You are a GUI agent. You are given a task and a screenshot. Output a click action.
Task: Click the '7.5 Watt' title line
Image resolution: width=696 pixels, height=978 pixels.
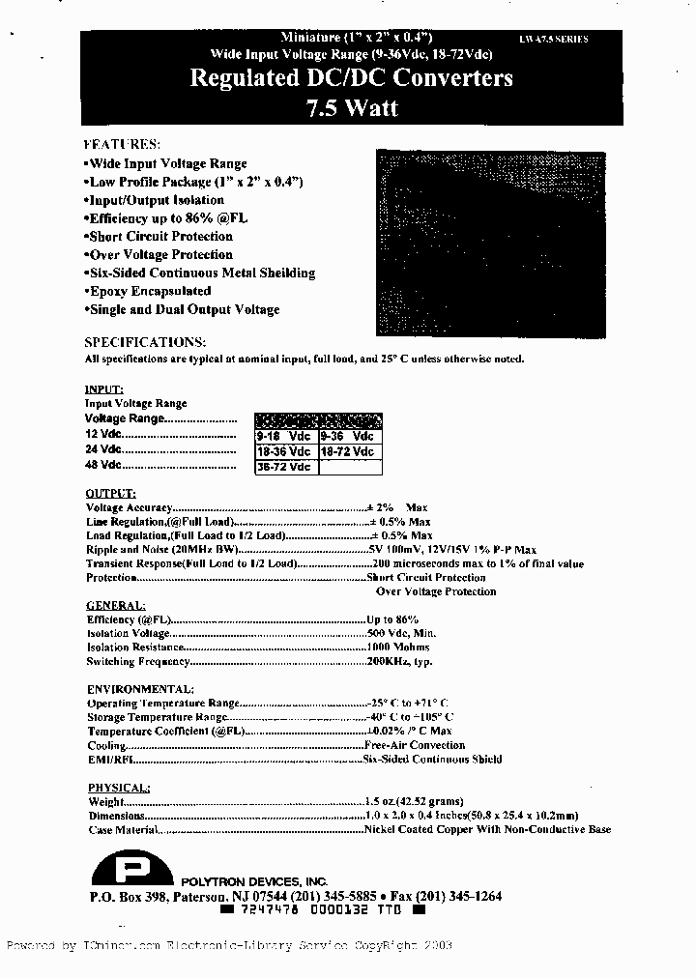tap(351, 107)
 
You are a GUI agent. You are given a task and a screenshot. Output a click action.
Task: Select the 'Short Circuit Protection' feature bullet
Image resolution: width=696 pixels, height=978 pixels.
tap(159, 236)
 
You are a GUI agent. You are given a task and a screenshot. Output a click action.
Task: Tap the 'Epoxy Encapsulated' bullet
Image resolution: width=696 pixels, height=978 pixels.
tap(149, 291)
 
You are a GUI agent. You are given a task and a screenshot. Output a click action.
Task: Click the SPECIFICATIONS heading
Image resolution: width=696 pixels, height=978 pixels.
tap(145, 342)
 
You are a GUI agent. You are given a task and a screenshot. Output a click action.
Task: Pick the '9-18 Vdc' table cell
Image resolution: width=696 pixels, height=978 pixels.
tap(285, 436)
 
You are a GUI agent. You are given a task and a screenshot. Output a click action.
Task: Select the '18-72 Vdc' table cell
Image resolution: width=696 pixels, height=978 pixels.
tap(349, 451)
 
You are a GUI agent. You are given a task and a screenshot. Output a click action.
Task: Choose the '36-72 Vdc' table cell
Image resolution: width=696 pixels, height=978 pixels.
tap(285, 467)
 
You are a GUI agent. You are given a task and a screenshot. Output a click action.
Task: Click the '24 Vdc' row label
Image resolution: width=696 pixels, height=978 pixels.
tap(103, 449)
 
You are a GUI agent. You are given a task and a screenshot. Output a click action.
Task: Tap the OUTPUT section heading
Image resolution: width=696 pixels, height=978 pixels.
tap(110, 493)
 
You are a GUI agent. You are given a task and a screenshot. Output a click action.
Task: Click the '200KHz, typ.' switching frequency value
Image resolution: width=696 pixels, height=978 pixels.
tap(399, 662)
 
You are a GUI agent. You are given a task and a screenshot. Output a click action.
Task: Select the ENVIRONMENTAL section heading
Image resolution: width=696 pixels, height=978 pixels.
tap(140, 689)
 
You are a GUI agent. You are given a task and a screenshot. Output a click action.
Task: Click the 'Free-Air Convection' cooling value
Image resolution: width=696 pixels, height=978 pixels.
tap(414, 745)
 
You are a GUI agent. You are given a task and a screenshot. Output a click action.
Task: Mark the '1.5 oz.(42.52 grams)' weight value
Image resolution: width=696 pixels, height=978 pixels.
tap(415, 801)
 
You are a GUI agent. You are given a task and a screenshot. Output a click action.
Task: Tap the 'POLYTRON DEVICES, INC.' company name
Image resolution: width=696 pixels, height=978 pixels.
tap(254, 882)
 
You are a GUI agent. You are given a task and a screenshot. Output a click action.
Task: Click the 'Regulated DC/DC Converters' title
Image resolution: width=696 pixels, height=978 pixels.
tap(351, 78)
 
